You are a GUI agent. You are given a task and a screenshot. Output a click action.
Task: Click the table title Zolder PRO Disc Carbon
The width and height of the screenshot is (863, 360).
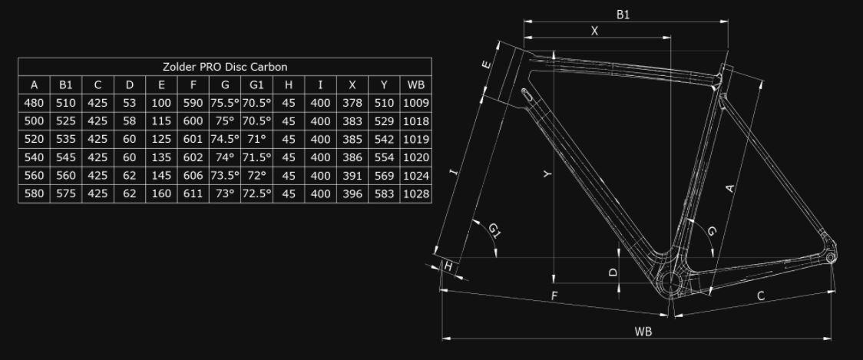pos(225,67)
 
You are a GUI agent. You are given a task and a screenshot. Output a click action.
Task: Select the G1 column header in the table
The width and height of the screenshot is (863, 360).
pos(256,84)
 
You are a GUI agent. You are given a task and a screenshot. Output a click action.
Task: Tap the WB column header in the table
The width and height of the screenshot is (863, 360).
pos(415,84)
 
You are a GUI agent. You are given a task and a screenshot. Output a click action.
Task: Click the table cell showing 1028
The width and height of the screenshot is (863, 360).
pos(415,193)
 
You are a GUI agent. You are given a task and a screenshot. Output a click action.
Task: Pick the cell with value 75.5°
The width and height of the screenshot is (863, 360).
pos(225,103)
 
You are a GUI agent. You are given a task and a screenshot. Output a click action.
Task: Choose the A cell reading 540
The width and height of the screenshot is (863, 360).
pos(34,157)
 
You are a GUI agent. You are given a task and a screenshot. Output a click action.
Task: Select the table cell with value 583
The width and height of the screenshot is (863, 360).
pos(384,193)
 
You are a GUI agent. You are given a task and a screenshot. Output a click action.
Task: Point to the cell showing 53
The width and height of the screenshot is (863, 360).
pos(129,103)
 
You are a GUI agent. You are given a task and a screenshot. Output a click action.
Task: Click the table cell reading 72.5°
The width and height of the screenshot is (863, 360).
pos(256,193)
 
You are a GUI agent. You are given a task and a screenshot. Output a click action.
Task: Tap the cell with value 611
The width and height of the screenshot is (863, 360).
pos(193,193)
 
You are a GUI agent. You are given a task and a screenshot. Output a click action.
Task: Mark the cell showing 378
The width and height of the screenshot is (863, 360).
pos(352,103)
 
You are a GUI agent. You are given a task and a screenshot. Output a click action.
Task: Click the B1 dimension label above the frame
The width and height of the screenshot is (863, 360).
pos(623,15)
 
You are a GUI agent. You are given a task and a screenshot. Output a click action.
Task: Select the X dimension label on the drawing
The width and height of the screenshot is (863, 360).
pos(594,31)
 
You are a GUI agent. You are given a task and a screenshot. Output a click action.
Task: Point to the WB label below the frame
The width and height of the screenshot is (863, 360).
pos(643,332)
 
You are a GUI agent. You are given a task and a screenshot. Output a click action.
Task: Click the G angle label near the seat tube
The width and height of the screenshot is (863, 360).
pos(712,231)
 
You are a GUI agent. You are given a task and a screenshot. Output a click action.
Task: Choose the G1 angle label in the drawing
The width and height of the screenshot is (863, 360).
pos(494,230)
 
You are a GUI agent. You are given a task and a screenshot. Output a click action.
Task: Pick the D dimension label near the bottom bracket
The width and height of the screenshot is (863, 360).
pos(613,272)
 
